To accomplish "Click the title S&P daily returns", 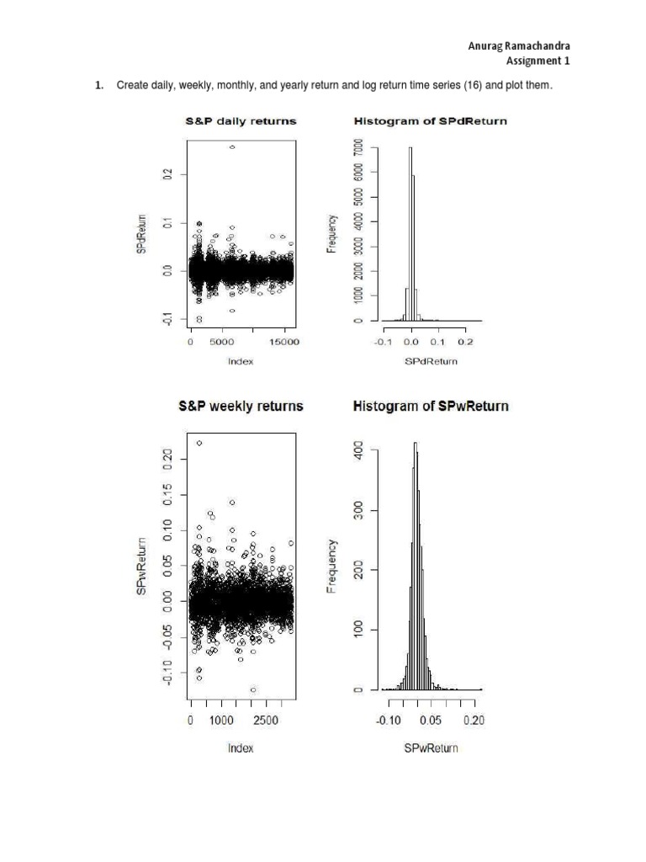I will (x=241, y=121).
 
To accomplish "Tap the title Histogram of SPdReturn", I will (x=430, y=121).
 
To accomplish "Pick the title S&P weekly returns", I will (x=241, y=406).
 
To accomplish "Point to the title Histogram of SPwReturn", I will (x=431, y=406).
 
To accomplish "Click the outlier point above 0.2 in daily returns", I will (x=232, y=146).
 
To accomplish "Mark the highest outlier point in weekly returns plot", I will (x=199, y=443).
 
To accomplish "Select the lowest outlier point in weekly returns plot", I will (x=253, y=689).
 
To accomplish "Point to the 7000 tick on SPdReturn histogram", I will (x=359, y=148).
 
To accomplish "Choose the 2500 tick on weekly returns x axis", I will (x=266, y=721).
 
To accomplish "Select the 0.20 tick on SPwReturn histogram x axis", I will (x=474, y=721).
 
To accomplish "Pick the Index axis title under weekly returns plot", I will (x=241, y=748).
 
